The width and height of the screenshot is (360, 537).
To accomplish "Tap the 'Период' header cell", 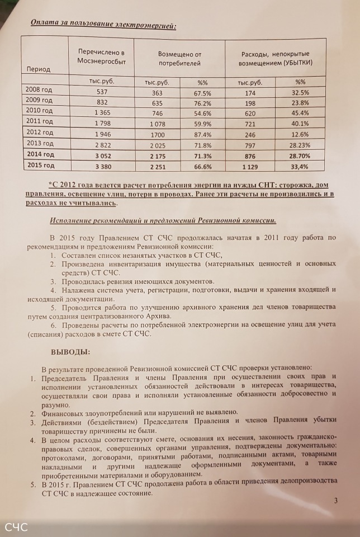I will [x=39, y=69].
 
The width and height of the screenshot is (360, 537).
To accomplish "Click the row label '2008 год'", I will [x=39, y=90].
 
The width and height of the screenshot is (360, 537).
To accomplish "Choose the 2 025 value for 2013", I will [x=157, y=144].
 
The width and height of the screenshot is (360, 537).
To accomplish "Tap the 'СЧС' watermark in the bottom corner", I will [x=16, y=527].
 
